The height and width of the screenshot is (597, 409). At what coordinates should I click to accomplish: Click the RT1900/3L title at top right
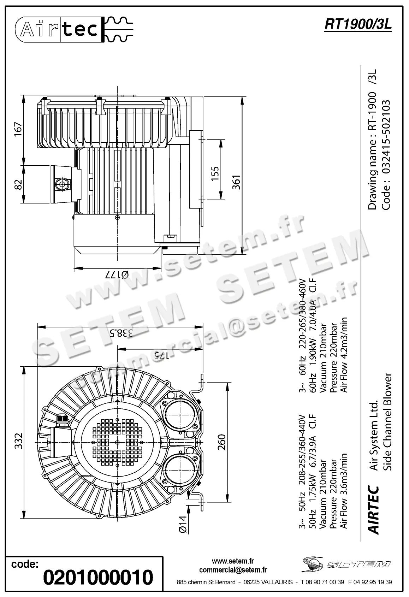(x=358, y=25)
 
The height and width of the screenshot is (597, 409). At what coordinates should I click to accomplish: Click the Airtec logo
(x=74, y=29)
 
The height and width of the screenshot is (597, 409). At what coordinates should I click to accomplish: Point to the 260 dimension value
(x=221, y=442)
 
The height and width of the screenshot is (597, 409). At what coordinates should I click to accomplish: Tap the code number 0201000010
(x=98, y=577)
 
